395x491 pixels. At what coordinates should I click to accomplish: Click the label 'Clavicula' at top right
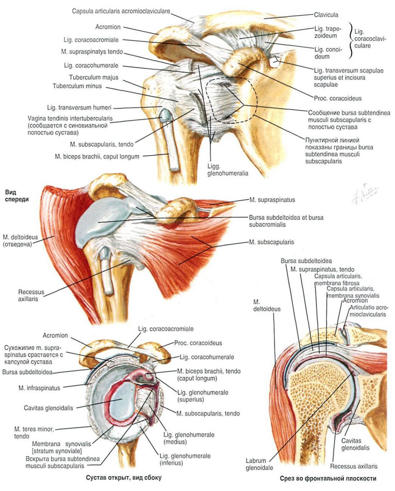[x=326, y=15]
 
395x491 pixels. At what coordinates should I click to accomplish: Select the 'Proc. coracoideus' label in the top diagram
[x=338, y=98]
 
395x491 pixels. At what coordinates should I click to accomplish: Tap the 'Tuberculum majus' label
[x=94, y=77]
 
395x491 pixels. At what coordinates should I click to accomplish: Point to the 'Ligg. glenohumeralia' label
[x=228, y=170]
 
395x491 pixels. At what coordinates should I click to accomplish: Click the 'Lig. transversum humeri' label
[x=79, y=107]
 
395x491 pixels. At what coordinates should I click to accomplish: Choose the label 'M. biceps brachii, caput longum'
[x=97, y=156]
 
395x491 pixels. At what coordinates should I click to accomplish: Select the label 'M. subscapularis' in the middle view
[x=271, y=242]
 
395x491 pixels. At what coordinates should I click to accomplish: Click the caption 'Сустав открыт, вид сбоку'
[x=124, y=477]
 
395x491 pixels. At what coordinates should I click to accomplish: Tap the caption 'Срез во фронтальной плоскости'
[x=328, y=478]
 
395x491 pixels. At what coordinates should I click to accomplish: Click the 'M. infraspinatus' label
[x=39, y=388]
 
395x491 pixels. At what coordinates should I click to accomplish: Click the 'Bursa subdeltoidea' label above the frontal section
[x=306, y=261]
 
